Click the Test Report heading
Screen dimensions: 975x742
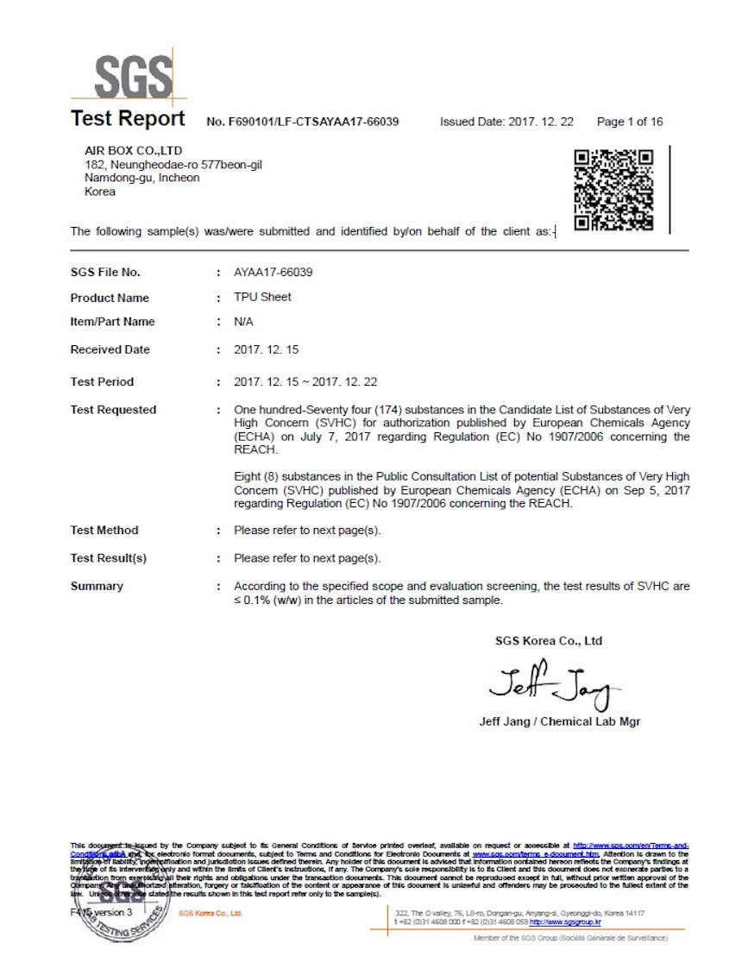coord(128,118)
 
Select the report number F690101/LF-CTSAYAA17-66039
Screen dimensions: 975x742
coord(303,122)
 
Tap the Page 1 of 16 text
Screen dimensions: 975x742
coord(630,122)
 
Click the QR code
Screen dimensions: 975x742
coord(613,190)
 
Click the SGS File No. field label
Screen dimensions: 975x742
coord(105,273)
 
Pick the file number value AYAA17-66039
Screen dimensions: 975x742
coord(274,272)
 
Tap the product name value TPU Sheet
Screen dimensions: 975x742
coord(262,297)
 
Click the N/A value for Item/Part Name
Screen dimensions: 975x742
coord(244,322)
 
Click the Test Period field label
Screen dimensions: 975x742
coord(102,381)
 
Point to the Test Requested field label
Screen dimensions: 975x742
coord(113,410)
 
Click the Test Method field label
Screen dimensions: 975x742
coord(104,530)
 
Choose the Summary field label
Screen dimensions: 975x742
coord(97,586)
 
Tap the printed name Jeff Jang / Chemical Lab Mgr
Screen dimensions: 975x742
coord(559,721)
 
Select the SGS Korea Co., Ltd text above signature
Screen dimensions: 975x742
coord(549,641)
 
